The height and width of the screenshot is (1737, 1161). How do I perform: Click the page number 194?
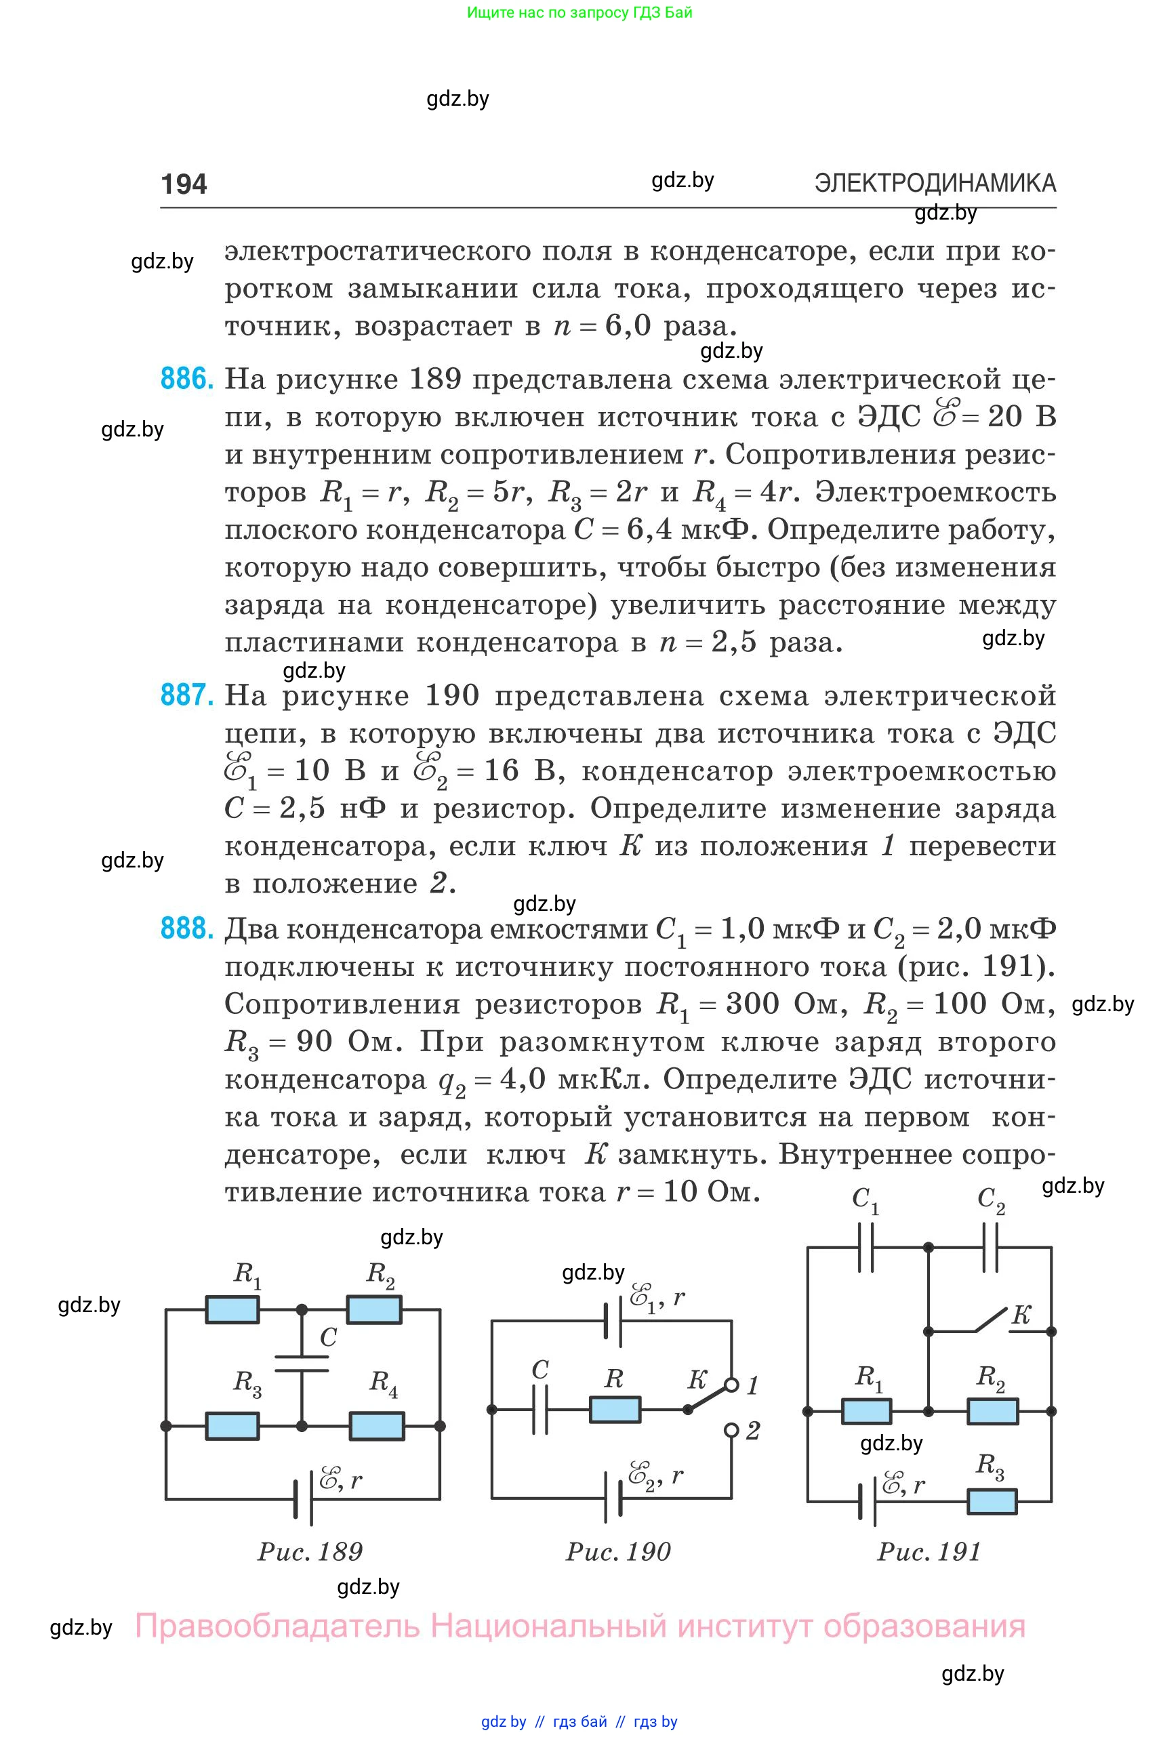click(184, 184)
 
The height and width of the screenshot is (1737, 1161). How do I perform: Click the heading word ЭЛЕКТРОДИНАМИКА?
click(935, 183)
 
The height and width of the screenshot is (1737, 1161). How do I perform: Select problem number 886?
click(186, 379)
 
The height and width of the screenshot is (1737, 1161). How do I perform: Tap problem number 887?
click(186, 695)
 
